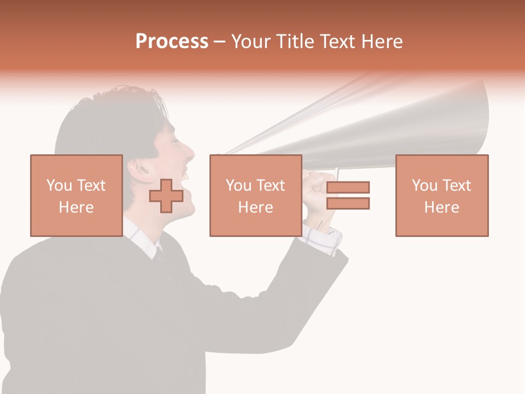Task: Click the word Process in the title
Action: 172,42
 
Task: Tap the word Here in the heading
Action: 381,42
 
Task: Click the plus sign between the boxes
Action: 166,196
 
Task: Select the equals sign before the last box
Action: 348,195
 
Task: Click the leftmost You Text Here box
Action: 76,195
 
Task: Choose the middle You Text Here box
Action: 255,195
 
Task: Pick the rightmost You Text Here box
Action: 441,195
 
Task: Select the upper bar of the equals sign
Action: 348,187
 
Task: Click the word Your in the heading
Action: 250,42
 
